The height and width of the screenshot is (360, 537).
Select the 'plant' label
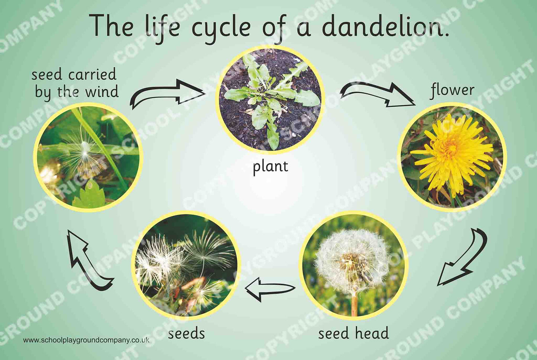tap(270, 166)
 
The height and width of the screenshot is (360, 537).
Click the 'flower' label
tap(452, 90)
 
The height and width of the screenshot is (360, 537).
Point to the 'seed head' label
tap(353, 333)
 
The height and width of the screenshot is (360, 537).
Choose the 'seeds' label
tap(186, 333)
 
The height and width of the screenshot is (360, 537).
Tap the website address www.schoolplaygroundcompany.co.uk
tap(86, 340)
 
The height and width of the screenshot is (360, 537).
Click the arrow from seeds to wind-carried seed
tap(88, 260)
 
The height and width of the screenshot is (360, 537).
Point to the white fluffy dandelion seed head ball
tap(351, 260)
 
